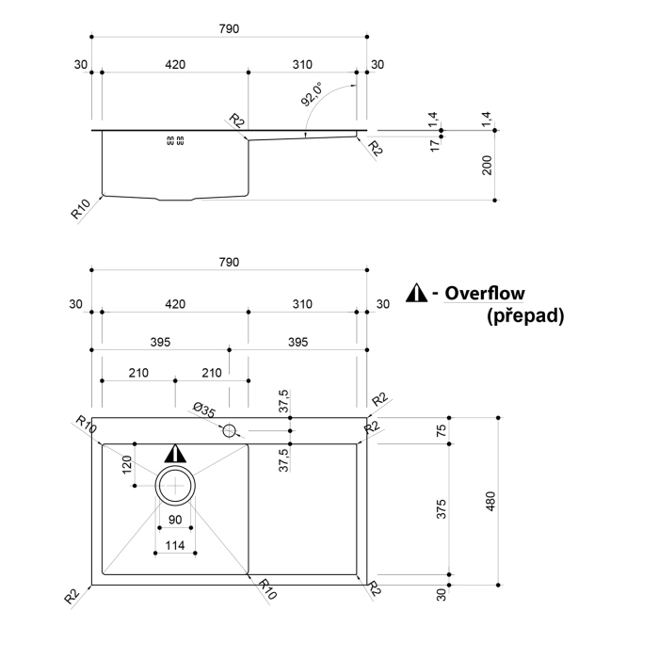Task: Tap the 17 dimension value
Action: click(434, 146)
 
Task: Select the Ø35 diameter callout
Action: click(202, 410)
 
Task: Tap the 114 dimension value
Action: click(175, 546)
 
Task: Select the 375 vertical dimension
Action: click(441, 508)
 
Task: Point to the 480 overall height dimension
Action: click(490, 501)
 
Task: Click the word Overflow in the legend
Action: click(485, 294)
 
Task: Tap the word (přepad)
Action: click(525, 316)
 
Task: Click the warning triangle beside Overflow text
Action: click(416, 294)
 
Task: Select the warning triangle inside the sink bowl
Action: click(175, 454)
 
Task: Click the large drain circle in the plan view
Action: click(175, 486)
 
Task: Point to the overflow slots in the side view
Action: click(175, 141)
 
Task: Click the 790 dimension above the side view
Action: click(229, 28)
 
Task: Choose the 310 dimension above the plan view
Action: click(301, 304)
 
